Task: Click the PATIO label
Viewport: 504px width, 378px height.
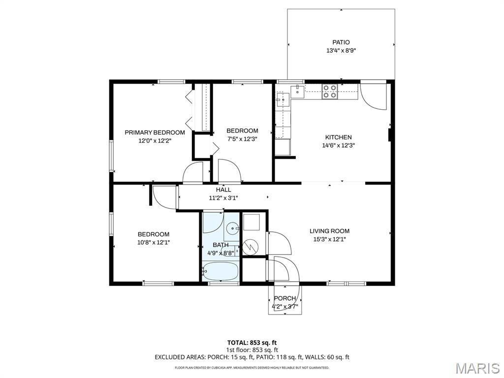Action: click(x=341, y=42)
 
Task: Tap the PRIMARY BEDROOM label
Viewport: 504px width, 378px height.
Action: click(x=155, y=132)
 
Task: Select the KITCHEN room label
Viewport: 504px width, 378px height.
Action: click(x=338, y=137)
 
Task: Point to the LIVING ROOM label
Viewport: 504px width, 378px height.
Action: click(x=329, y=231)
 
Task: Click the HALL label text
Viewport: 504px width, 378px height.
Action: click(x=223, y=189)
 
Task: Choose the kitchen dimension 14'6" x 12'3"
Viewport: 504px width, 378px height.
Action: click(x=338, y=145)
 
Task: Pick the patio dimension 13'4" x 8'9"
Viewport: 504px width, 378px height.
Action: click(x=341, y=51)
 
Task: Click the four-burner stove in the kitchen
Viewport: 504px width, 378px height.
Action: click(x=329, y=91)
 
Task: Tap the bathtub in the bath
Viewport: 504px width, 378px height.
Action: click(x=221, y=272)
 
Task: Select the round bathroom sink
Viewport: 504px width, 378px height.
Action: click(x=232, y=229)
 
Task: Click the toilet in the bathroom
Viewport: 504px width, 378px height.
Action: click(x=229, y=251)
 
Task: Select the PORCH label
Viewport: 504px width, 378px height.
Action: click(x=285, y=298)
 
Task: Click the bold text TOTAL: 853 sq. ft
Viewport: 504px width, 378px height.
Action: click(x=252, y=343)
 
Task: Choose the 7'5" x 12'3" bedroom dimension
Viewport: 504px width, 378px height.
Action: click(x=242, y=139)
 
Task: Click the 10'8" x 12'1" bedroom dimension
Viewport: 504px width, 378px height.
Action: click(x=154, y=242)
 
